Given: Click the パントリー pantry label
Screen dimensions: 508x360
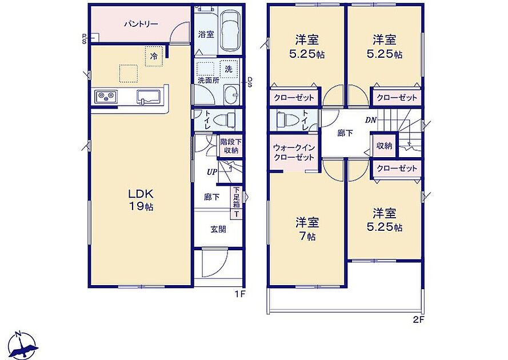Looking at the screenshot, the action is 141,24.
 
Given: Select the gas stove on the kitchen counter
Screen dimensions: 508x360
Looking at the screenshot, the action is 106,97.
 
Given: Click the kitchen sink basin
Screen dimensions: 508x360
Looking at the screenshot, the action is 149,96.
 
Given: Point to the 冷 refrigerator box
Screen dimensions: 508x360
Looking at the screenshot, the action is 154,56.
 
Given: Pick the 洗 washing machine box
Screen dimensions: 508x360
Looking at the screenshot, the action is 229,69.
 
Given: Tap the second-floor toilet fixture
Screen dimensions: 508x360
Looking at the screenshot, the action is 286,119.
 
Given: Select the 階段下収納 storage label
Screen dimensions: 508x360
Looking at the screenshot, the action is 231,146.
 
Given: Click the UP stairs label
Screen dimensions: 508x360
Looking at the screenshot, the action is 212,173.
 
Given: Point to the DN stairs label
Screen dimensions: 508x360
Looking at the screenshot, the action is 371,120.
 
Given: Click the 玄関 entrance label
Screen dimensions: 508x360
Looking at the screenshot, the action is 218,229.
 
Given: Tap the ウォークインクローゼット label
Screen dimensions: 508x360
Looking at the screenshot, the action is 294,153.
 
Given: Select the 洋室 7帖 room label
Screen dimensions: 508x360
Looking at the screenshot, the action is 307,229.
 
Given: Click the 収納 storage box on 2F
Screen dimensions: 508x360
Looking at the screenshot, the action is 384,146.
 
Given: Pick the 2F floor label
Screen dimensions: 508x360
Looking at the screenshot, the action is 419,320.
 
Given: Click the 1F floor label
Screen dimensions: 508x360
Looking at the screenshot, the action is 241,294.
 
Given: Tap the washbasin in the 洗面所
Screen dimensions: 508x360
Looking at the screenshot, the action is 231,95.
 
